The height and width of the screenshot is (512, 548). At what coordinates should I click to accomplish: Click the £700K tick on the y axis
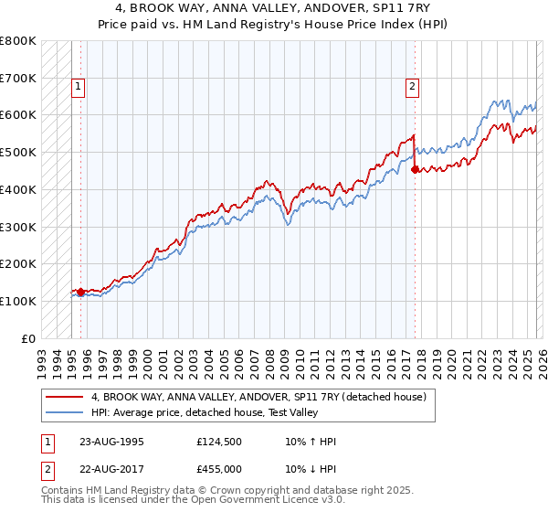(18, 78)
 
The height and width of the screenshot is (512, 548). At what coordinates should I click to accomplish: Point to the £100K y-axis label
(18, 301)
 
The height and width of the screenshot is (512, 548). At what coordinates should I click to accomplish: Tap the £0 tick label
(28, 338)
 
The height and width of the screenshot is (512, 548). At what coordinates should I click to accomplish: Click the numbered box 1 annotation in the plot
(79, 88)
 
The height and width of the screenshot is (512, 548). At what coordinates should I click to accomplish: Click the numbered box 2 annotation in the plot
(413, 88)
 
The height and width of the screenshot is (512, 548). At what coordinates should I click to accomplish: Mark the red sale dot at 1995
(80, 293)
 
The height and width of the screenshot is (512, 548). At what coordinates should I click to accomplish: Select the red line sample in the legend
(66, 397)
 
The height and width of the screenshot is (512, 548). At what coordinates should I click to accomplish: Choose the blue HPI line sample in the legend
(66, 413)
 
